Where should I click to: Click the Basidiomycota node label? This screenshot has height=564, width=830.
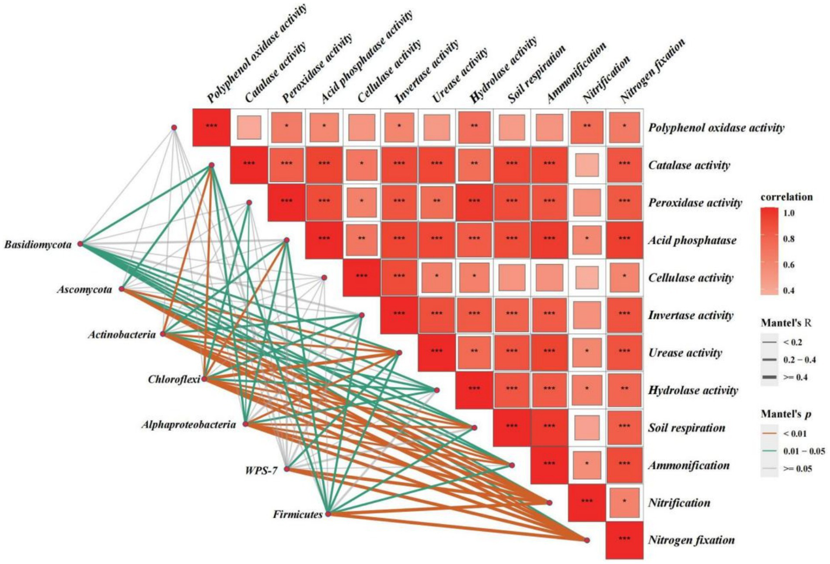point(38,245)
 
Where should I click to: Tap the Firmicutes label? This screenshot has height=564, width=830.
point(297,514)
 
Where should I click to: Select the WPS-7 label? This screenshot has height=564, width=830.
point(261,470)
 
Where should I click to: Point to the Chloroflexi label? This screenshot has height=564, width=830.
point(174,379)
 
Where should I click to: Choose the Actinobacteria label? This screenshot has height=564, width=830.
point(122,335)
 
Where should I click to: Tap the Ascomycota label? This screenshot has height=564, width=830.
point(84,290)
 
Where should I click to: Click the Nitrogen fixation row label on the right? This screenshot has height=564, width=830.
point(691,540)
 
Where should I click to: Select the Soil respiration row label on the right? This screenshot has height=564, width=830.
point(687,428)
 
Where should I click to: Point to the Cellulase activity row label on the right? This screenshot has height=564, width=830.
point(690,278)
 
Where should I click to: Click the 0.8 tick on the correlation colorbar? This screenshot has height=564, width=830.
point(789,239)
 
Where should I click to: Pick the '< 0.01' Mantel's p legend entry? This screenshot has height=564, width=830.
point(795,434)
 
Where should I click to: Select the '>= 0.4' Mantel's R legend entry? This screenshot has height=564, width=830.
point(795,377)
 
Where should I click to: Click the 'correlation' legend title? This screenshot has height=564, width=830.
point(786,197)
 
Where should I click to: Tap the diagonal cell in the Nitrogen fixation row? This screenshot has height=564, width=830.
point(624,540)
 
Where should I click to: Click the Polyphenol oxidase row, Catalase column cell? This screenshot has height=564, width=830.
point(249,128)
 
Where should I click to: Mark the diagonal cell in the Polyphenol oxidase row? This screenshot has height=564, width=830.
point(211,127)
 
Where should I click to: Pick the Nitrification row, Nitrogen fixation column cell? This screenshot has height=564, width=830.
point(624,502)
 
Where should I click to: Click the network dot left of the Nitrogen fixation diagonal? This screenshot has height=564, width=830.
point(587,540)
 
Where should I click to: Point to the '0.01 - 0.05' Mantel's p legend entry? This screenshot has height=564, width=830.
point(804,451)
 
